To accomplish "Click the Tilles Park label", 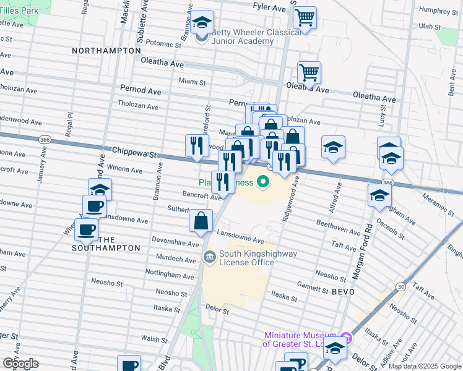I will (x=19, y=11).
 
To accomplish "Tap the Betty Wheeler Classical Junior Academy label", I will (x=242, y=37).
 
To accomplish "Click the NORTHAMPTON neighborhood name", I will (x=106, y=50).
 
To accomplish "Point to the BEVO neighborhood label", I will (x=343, y=291).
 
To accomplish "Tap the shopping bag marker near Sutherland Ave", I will (x=201, y=220).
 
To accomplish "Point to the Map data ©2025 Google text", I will (x=425, y=366).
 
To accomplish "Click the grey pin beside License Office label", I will (x=210, y=255).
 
